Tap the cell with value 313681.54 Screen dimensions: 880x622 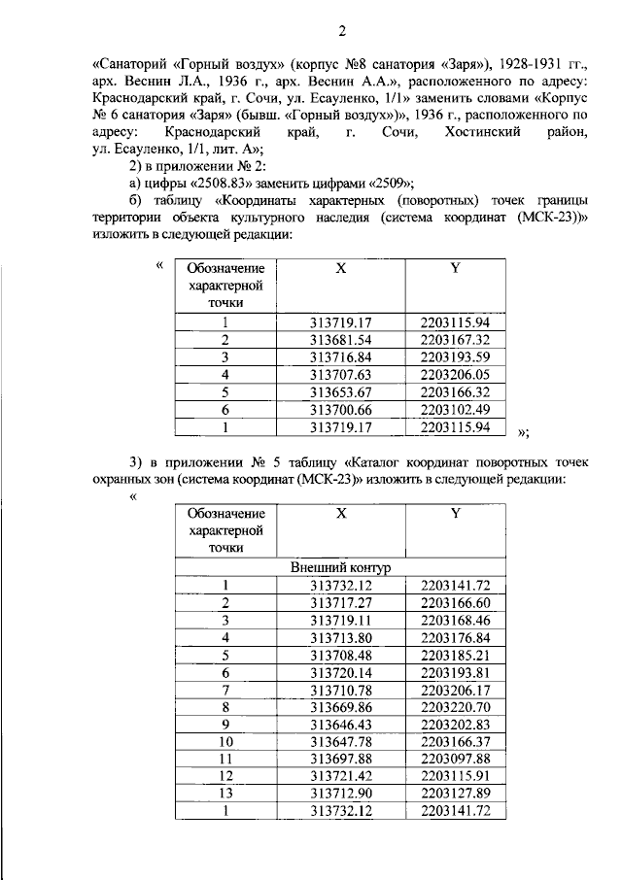click(340, 340)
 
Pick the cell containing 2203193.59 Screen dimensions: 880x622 click(455, 357)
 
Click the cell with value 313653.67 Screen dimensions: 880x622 click(340, 392)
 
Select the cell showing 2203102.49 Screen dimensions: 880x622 click(455, 410)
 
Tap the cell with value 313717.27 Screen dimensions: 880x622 click(340, 602)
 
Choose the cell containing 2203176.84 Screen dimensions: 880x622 click(455, 637)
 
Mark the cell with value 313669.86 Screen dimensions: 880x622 click(340, 707)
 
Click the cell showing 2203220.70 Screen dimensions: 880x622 click(455, 707)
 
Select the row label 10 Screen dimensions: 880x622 click(225, 742)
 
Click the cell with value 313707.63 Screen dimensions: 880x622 click(340, 375)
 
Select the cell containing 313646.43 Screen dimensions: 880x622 click(340, 725)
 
